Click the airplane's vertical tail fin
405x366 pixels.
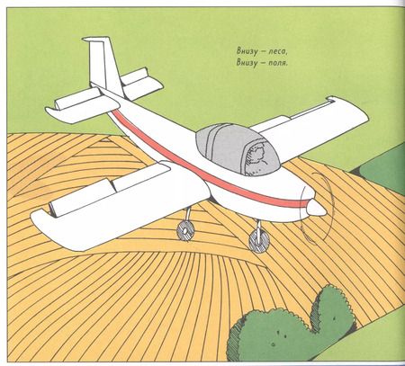click(103, 65)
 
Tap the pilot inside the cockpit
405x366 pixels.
click(255, 157)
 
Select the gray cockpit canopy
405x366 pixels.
click(237, 149)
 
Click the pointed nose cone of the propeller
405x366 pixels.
click(316, 208)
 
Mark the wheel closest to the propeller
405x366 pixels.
click(259, 240)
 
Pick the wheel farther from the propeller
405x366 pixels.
click(184, 232)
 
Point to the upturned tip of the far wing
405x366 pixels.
click(332, 99)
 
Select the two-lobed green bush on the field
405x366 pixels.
click(292, 326)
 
